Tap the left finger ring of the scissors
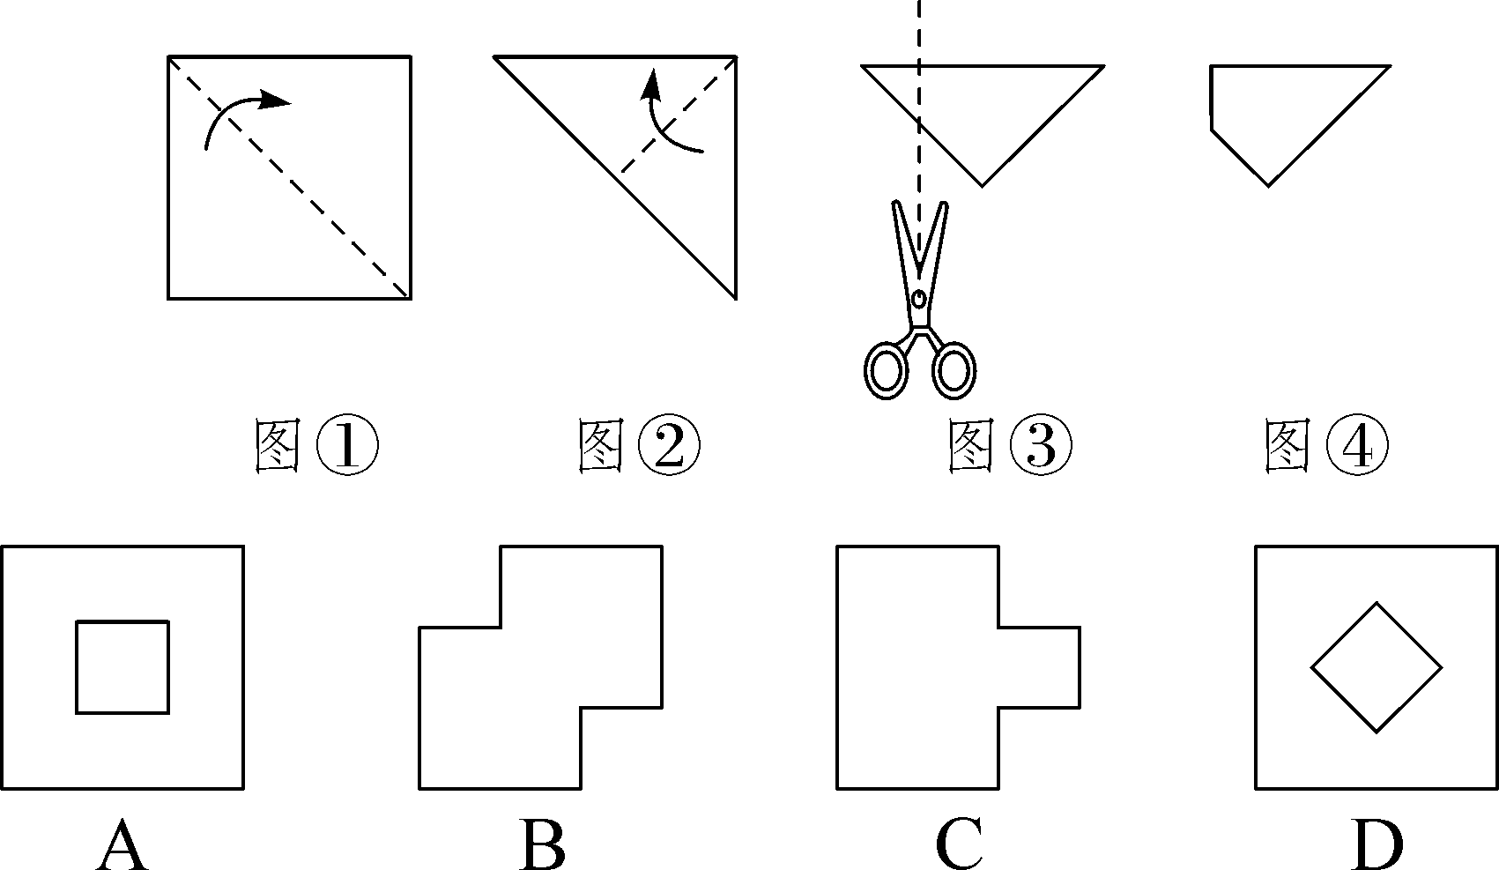[x=886, y=371]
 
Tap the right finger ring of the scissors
[x=954, y=371]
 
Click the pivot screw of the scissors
[x=919, y=300]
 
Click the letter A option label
[x=122, y=844]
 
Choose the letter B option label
[x=541, y=844]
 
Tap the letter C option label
[x=959, y=844]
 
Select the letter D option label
[x=1377, y=844]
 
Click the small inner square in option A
[x=122, y=667]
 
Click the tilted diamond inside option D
[x=1377, y=667]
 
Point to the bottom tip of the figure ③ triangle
[x=983, y=185]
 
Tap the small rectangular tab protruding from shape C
[x=1040, y=667]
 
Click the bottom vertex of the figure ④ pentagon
[x=1269, y=185]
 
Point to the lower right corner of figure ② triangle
[x=736, y=298]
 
